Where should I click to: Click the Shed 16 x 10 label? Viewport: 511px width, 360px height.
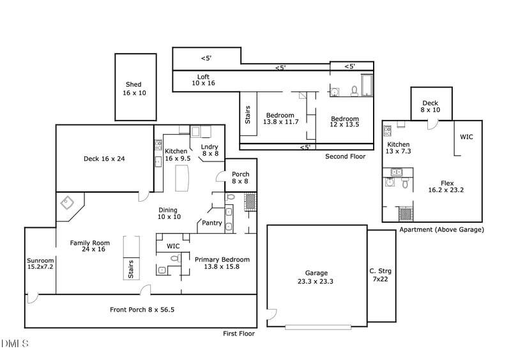(134, 89)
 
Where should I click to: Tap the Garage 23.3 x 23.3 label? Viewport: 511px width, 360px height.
(316, 277)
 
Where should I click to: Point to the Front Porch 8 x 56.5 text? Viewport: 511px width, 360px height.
(142, 310)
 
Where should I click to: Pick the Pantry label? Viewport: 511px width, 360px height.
(212, 223)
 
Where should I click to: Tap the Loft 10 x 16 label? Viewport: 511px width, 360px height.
(203, 80)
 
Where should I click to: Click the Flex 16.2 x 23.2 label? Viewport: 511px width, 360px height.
(446, 186)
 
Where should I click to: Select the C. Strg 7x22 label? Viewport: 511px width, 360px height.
(380, 275)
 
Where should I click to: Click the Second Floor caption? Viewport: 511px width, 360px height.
(346, 156)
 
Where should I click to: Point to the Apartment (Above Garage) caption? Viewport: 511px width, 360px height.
(441, 230)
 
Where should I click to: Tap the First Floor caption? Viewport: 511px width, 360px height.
(239, 334)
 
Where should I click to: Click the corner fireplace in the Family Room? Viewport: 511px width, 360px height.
(67, 203)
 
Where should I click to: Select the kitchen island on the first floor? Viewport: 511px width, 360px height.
(182, 178)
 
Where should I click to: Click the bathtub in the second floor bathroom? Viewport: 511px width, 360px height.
(367, 86)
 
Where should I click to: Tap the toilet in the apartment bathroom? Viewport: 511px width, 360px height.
(405, 183)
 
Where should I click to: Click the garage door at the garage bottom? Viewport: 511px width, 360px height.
(318, 327)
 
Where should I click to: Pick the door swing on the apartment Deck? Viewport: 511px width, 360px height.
(433, 124)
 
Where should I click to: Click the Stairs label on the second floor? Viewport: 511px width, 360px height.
(248, 115)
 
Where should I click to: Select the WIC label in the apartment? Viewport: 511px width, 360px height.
(466, 137)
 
